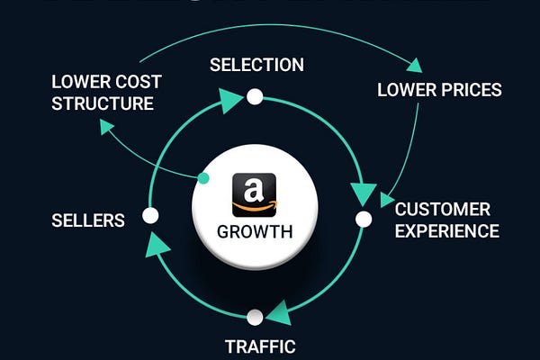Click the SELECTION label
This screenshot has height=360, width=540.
pyautogui.click(x=256, y=65)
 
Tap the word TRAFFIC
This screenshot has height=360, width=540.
pyautogui.click(x=260, y=346)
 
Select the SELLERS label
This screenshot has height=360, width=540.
pyautogui.click(x=88, y=220)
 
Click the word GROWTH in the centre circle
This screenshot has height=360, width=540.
pyautogui.click(x=255, y=231)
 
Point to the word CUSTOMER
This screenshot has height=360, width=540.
pyautogui.click(x=444, y=210)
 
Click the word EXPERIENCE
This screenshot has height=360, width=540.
pyautogui.click(x=447, y=231)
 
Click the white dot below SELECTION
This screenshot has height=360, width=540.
pyautogui.click(x=255, y=96)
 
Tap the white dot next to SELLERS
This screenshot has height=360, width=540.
pyautogui.click(x=150, y=216)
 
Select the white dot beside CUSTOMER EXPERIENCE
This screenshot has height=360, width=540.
pyautogui.click(x=364, y=219)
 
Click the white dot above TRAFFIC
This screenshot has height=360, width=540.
pyautogui.click(x=255, y=317)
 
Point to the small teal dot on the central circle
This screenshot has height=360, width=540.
pyautogui.click(x=203, y=179)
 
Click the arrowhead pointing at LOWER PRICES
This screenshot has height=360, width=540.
pyautogui.click(x=414, y=65)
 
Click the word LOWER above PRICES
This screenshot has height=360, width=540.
pyautogui.click(x=407, y=90)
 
